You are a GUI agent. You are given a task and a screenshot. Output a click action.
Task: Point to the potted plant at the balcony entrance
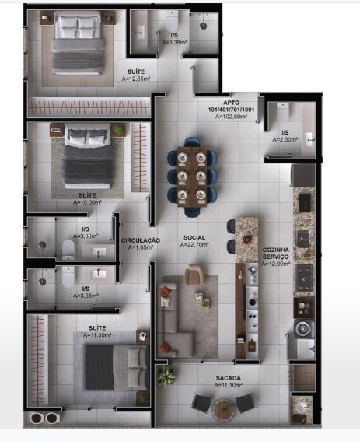[166, 376]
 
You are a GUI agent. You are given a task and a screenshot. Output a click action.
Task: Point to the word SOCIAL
[194, 237]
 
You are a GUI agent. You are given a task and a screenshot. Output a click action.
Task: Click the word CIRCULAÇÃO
[140, 240]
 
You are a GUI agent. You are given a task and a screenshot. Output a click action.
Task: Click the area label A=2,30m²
[285, 139]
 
